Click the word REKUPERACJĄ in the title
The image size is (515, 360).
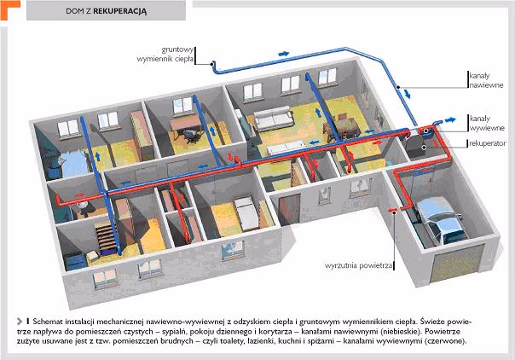click(x=120, y=11)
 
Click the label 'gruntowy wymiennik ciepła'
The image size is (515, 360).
click(x=165, y=55)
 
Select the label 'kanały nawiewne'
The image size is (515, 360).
click(x=486, y=80)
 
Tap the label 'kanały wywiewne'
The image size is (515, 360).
click(x=487, y=123)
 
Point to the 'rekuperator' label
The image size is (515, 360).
click(x=488, y=143)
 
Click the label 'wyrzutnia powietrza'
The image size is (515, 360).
click(x=358, y=265)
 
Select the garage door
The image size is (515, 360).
click(x=457, y=263)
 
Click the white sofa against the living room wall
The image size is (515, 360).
click(x=274, y=119)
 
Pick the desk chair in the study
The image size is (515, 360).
click(x=190, y=136)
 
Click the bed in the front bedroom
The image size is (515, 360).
click(x=247, y=213)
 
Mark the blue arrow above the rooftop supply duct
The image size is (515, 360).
click(x=284, y=54)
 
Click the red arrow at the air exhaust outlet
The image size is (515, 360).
click(x=391, y=210)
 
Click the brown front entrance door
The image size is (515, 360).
click(x=290, y=210)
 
